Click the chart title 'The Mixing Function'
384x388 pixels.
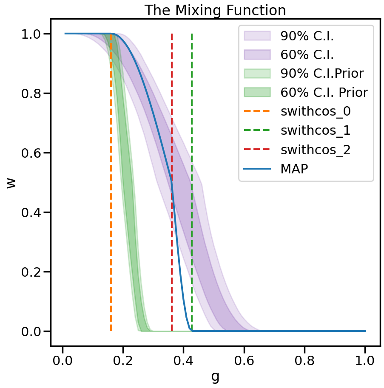[215, 10]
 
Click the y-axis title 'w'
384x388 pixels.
[11, 183]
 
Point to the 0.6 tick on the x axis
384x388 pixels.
[244, 346]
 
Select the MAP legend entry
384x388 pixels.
[294, 169]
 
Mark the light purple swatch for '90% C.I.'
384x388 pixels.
[257, 36]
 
